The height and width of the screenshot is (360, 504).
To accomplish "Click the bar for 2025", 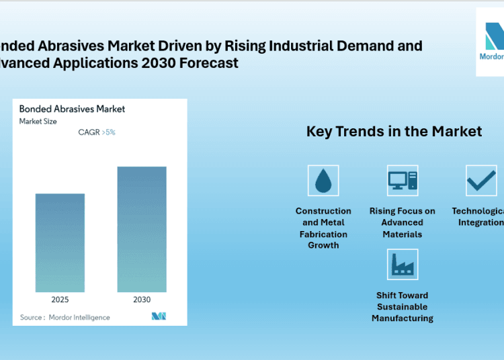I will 60,243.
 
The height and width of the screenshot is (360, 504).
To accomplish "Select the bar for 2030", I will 142,230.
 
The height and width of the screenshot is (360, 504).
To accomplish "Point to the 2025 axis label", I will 60,300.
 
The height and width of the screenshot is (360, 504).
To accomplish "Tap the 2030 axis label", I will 142,300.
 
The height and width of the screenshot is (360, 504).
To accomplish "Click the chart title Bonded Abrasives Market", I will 72,109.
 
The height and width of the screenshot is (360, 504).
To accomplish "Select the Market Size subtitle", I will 38,122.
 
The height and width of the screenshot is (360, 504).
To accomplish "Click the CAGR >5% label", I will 97,132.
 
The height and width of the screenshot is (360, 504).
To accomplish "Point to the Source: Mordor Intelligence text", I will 65,317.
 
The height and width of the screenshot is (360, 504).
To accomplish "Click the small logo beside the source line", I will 159,316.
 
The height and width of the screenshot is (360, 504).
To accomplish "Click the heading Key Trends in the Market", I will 394,131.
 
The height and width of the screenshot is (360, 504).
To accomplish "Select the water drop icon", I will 323,181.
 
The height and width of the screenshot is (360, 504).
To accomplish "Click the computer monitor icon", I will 403,181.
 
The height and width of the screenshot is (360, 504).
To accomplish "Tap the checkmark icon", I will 481,181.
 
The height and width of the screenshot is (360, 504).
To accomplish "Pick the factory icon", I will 403,265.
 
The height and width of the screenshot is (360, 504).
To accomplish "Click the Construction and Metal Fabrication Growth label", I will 323,228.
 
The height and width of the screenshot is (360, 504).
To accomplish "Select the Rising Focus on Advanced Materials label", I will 403,222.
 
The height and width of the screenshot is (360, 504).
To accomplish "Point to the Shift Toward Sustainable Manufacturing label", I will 403,307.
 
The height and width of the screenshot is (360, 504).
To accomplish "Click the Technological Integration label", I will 478,217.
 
